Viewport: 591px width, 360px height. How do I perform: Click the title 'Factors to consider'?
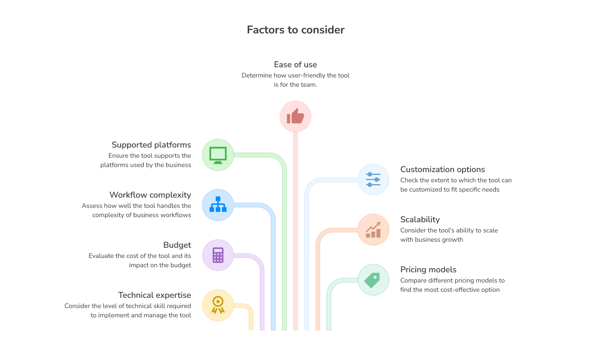[295, 30]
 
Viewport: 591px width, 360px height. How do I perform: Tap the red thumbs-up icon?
[295, 116]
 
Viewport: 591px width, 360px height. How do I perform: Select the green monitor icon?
[218, 155]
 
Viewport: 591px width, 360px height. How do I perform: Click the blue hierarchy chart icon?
[218, 205]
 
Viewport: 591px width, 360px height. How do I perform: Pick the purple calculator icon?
[218, 255]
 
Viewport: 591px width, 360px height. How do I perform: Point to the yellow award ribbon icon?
[218, 305]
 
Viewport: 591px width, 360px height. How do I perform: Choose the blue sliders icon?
[373, 179]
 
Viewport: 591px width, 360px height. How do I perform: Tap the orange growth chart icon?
[373, 230]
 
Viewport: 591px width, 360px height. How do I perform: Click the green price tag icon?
[373, 280]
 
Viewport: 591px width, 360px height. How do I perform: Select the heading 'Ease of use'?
[295, 64]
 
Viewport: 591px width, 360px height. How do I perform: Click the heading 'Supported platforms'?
[151, 145]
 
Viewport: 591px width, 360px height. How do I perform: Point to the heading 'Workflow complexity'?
[150, 195]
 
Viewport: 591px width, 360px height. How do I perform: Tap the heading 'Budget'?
[177, 245]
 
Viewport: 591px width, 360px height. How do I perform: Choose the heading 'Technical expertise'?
[154, 295]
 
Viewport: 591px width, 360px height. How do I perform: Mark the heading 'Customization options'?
[443, 169]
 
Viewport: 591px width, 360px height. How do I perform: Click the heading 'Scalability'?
[420, 219]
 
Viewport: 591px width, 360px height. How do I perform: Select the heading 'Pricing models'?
[428, 270]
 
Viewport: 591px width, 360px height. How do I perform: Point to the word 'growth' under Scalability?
[452, 240]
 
